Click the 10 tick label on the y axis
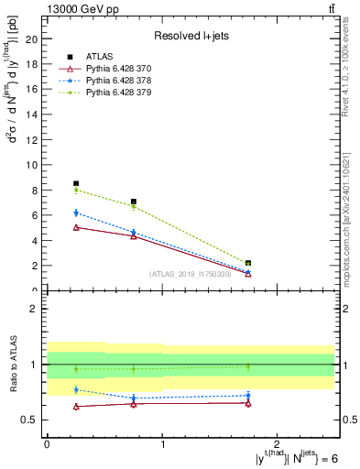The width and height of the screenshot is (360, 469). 35,165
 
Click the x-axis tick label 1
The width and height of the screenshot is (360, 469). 162,443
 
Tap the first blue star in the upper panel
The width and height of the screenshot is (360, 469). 76,213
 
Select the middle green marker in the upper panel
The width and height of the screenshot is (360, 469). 134,206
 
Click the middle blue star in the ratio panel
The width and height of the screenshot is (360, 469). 134,398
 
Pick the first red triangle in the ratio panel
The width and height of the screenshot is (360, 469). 76,406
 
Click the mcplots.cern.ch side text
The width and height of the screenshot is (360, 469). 349,220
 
